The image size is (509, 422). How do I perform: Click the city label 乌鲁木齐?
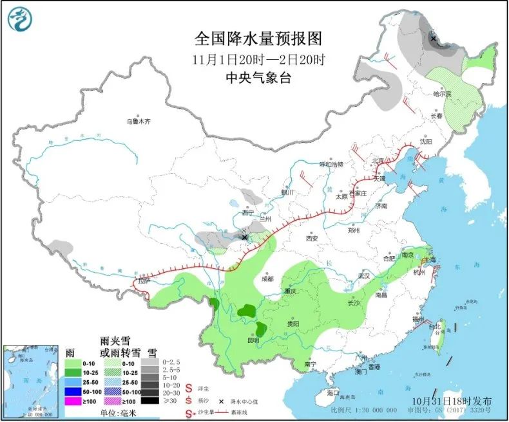tap(138, 121)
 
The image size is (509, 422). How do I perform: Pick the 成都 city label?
tap(267, 279)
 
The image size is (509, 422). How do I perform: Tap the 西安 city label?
tap(312, 238)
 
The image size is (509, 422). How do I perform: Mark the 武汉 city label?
tap(365, 275)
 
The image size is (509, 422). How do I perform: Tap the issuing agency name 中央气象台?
tap(258, 77)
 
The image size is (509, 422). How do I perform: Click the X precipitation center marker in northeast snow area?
tap(433, 39)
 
